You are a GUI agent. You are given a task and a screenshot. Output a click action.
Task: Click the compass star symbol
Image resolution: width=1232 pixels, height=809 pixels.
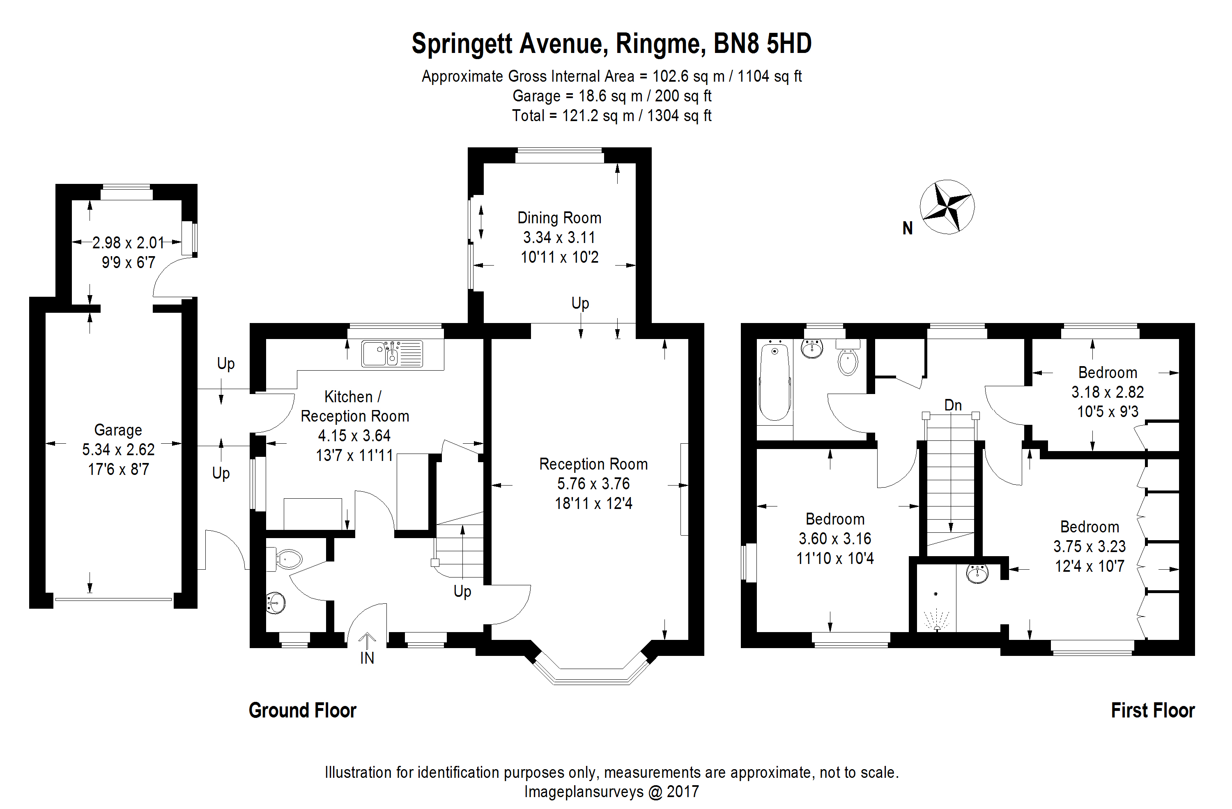pos(947,207)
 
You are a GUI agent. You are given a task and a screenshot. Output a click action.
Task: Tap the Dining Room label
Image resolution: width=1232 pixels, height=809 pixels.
pos(559,218)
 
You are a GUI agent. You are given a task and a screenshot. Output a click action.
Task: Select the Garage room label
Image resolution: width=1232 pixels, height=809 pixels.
pos(118,430)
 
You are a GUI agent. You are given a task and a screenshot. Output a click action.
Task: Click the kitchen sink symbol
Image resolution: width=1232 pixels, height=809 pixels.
pos(392,353)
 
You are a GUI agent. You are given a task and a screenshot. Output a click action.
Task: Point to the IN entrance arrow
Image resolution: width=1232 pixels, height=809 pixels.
pos(367,642)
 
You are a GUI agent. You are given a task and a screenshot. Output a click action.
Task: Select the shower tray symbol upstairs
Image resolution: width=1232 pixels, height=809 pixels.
pos(936,605)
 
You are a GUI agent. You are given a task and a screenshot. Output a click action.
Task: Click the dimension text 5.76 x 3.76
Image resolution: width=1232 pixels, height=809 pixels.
pos(593,484)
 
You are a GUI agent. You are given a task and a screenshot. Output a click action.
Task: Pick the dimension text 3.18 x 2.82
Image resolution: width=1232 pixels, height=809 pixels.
pos(1107,392)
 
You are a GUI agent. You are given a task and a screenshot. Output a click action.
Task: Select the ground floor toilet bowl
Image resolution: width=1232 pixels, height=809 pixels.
pos(288,559)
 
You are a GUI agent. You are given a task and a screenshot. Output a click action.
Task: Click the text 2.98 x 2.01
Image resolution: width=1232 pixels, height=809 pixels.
pos(128,243)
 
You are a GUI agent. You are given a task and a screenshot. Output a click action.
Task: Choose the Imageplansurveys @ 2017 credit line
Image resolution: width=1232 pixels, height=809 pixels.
pos(611,792)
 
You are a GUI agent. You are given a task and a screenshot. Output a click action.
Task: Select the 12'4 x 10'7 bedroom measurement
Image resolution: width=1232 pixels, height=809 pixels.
pos(1089,566)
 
